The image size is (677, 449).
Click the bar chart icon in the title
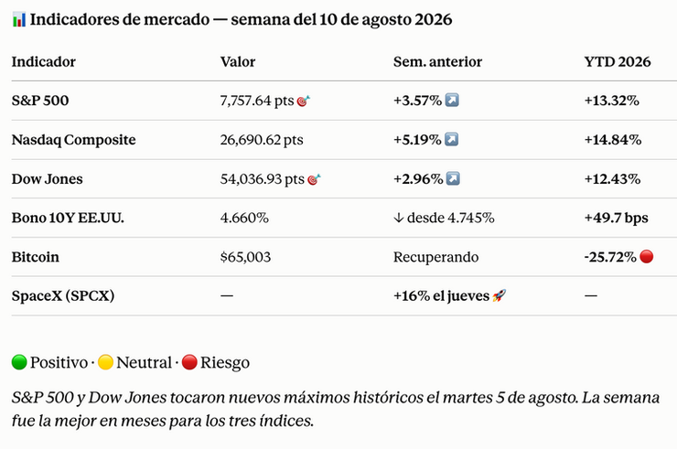[x=19, y=19]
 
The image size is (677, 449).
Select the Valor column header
[x=238, y=62]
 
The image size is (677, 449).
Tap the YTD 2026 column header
[x=618, y=62]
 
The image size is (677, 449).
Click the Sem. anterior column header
[x=437, y=62]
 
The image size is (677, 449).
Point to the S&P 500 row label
[x=40, y=101]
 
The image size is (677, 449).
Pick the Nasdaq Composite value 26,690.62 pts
[x=262, y=140]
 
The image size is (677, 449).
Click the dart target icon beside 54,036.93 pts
[x=314, y=179]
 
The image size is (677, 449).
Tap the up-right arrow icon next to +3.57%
[x=452, y=101]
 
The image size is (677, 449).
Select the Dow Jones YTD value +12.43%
[x=612, y=179]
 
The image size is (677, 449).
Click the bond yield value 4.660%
[x=244, y=218]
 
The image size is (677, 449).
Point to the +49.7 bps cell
[x=616, y=218]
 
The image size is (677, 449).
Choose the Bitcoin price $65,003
[x=245, y=257]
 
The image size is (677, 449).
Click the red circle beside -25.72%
[x=646, y=256]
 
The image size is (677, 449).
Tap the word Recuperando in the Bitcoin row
[x=435, y=257]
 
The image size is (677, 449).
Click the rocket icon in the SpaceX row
[x=500, y=295]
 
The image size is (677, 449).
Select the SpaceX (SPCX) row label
[x=63, y=296]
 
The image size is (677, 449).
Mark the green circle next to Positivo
[x=19, y=362]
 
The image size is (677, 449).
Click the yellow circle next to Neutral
[x=105, y=362]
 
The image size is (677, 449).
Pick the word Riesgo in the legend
[x=225, y=363]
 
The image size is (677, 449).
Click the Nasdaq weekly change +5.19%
[x=417, y=140]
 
